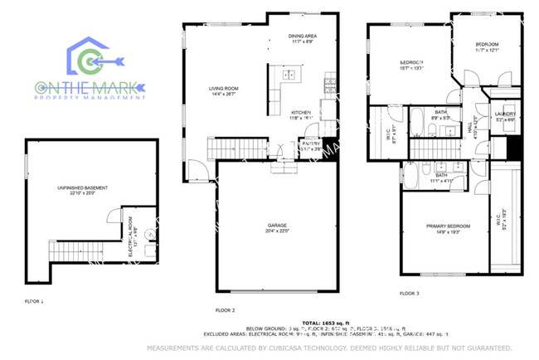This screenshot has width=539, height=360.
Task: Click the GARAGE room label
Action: (276, 225)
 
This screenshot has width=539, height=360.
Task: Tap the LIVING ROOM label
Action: (223, 88)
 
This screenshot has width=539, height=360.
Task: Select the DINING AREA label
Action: (302, 36)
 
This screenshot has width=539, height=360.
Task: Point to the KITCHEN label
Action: (300, 113)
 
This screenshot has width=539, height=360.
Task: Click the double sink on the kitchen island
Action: (292, 75)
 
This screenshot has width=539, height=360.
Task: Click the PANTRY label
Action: (311, 144)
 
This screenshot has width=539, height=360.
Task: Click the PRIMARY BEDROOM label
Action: (448, 226)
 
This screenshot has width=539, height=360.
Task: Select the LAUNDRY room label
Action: (505, 114)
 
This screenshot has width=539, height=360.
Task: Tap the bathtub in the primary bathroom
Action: (412, 174)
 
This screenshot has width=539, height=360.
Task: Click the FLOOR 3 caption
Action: (410, 293)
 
